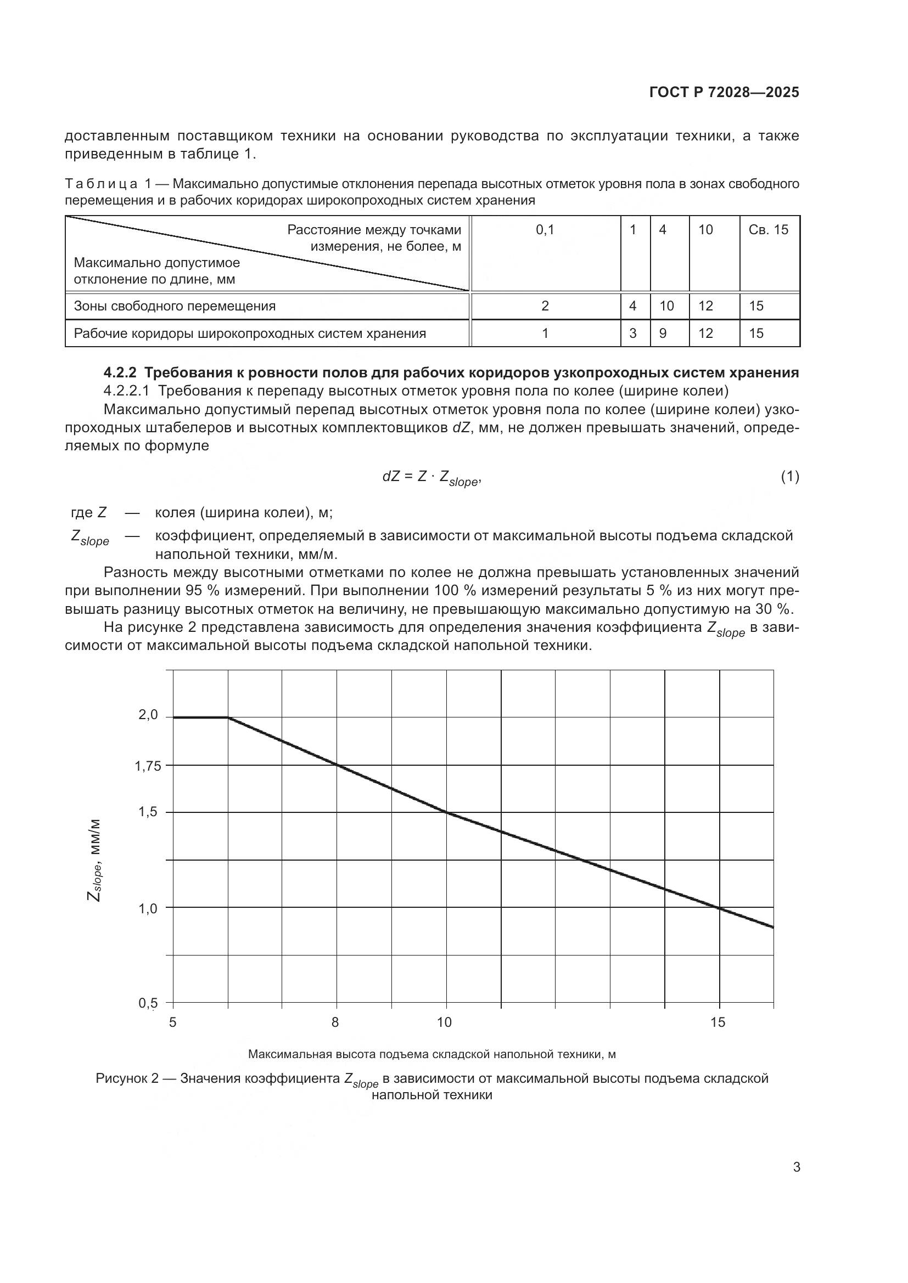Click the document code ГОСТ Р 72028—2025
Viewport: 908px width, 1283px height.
pos(724,93)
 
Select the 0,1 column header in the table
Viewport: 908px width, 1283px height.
pos(545,230)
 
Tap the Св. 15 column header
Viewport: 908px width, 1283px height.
pos(768,230)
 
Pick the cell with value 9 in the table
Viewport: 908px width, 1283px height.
pos(663,334)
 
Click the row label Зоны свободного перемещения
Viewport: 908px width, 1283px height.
pos(175,306)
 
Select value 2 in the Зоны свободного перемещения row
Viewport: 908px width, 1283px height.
pos(545,306)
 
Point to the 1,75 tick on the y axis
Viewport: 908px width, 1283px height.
pos(148,766)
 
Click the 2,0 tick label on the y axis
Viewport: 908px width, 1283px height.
pos(148,715)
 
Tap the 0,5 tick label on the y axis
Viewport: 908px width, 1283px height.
pos(148,1003)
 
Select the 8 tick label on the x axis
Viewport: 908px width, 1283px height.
pos(335,1022)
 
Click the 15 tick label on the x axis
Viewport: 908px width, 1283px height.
pos(718,1022)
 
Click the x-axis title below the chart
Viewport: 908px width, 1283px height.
pos(431,1054)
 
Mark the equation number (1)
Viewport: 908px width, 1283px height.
pos(789,477)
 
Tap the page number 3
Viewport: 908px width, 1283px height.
pos(796,1167)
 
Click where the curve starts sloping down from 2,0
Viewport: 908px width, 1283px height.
pos(228,717)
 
